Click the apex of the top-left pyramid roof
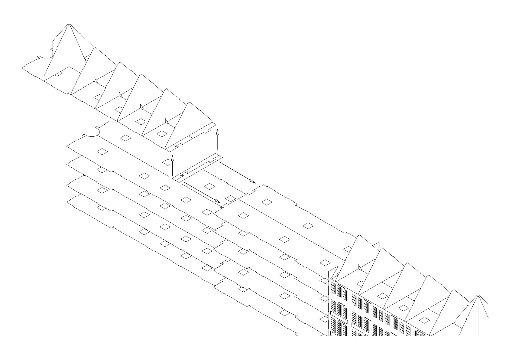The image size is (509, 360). (69, 24)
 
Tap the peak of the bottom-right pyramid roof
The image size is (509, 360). (478, 296)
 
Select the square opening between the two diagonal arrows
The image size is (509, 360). (209, 186)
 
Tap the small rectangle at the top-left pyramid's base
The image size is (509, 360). (58, 74)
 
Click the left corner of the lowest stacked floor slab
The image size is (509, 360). (67, 202)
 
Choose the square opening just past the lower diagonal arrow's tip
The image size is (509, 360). (230, 199)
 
